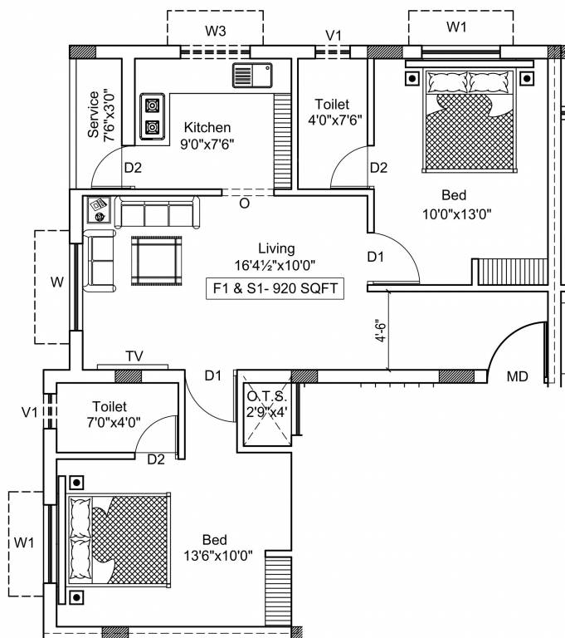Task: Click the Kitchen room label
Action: [207, 127]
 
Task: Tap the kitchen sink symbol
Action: [252, 75]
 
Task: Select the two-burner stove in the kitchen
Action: [153, 116]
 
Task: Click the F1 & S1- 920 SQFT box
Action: [275, 288]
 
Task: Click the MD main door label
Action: [517, 376]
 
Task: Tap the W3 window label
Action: [216, 31]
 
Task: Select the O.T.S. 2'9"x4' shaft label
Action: [266, 404]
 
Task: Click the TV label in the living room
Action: [134, 356]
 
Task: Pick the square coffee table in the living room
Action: [157, 261]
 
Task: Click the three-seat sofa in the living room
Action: [158, 212]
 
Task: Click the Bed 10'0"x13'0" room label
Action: [456, 204]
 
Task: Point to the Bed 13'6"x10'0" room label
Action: [218, 547]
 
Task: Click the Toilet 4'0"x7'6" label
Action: [334, 112]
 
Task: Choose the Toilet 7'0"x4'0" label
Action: [113, 415]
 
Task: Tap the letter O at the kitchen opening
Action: [244, 204]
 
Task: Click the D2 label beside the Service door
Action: [133, 168]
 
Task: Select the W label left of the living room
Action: [57, 282]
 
